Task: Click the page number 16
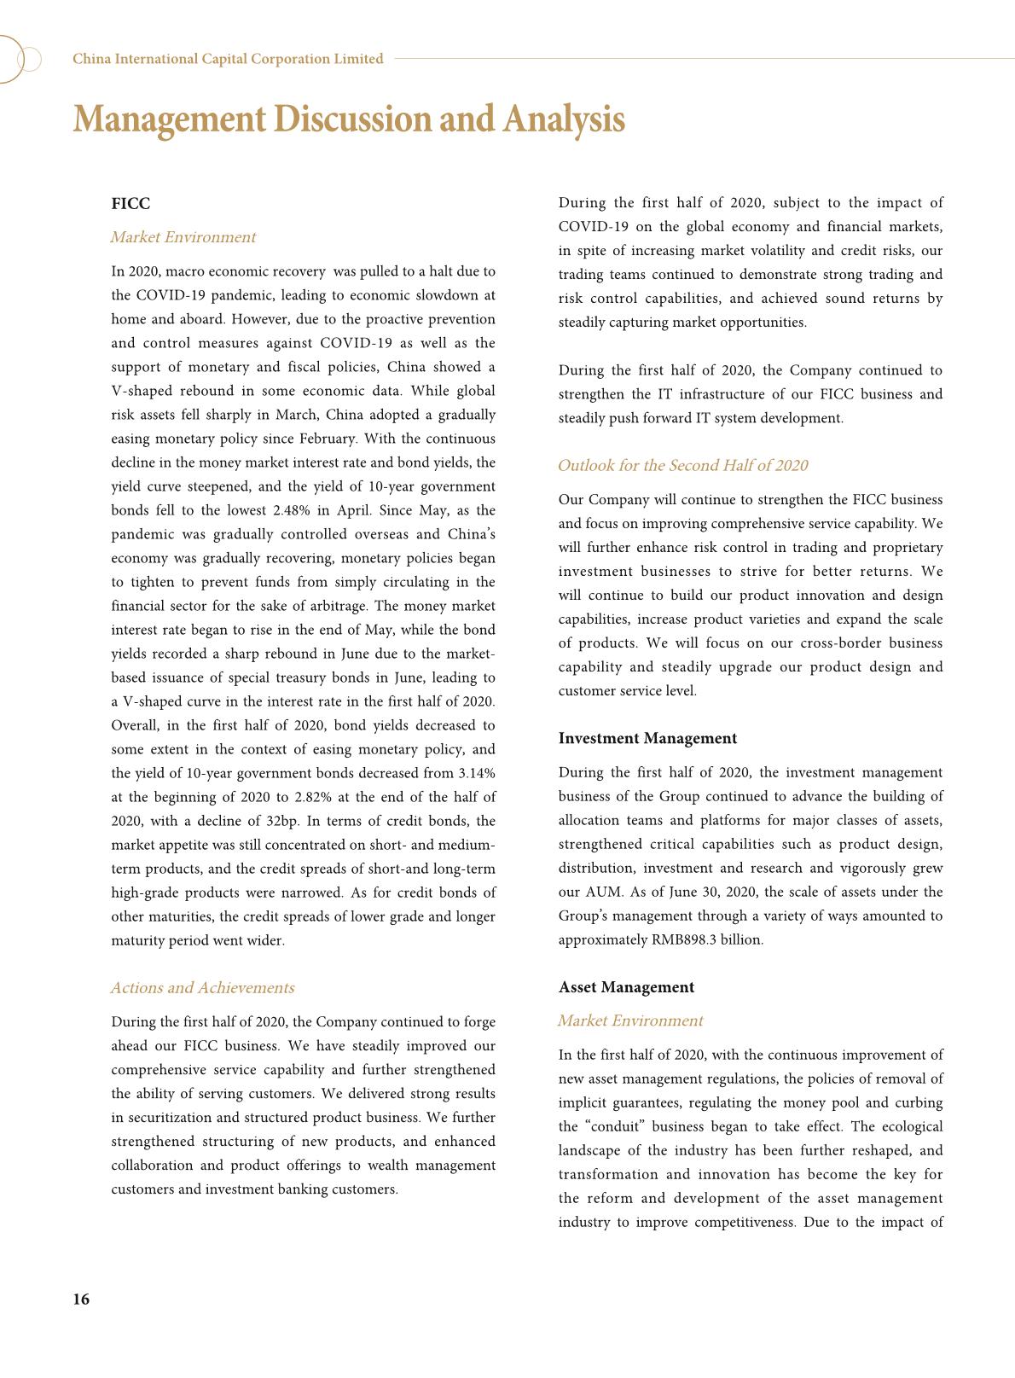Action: [81, 1300]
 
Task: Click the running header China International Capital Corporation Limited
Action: [228, 59]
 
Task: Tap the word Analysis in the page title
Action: [564, 119]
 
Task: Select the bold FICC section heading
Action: [130, 204]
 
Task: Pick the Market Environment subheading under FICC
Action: [183, 237]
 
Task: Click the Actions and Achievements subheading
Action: [202, 988]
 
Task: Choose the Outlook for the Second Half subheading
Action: [682, 466]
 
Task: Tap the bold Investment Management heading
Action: [647, 739]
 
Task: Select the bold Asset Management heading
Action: [626, 987]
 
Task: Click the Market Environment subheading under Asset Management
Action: [629, 1021]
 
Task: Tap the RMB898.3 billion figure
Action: [707, 940]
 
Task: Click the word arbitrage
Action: [339, 606]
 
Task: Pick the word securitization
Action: [165, 1118]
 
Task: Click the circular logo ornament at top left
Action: [19, 59]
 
